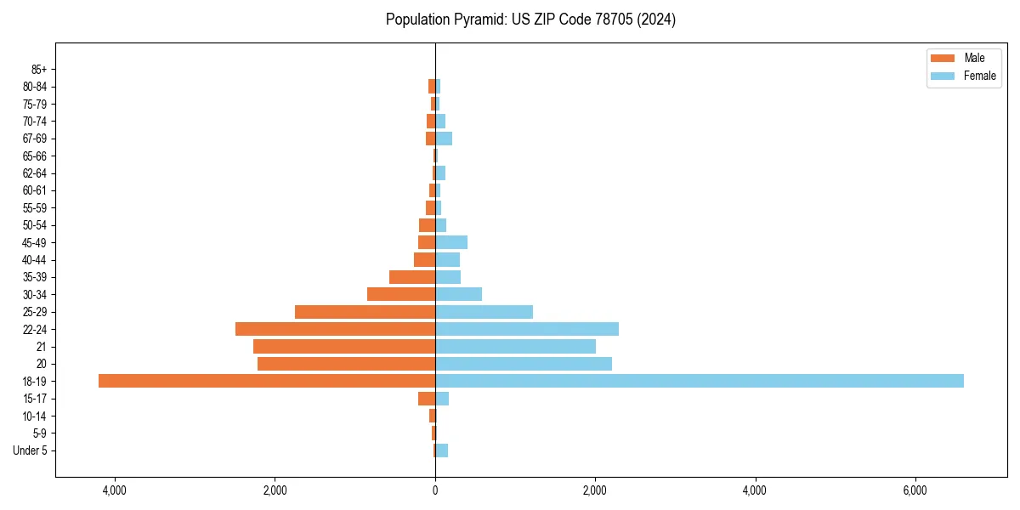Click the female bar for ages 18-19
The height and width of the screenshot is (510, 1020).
coord(699,381)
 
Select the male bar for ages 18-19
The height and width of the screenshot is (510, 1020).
coord(267,381)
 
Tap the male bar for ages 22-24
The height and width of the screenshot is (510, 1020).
coord(335,329)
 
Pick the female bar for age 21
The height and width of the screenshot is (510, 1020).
coord(515,346)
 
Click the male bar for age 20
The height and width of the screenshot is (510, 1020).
coord(346,364)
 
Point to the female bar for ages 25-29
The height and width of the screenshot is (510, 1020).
coord(484,312)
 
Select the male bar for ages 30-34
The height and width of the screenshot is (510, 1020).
coord(401,294)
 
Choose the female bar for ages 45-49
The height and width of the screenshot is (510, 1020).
coord(451,242)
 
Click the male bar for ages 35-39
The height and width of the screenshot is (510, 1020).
coord(412,277)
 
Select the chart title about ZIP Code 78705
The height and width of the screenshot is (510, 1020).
coord(530,20)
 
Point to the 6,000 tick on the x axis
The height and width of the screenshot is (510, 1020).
coord(915,490)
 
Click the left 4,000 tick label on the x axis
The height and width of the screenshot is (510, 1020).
coord(114,490)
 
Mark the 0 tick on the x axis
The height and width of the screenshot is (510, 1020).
coord(435,490)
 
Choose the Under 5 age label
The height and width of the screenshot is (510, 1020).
coord(31,450)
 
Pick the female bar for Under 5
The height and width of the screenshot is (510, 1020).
coord(442,450)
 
